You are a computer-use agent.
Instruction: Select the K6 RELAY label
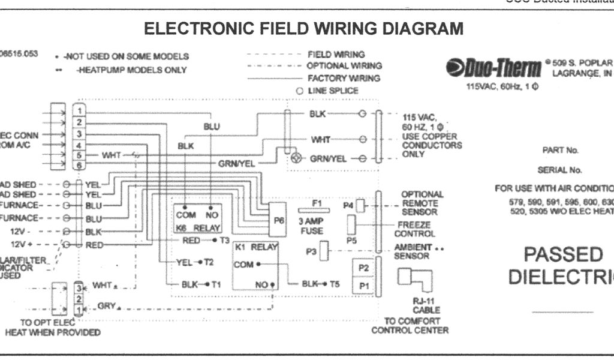[198, 228]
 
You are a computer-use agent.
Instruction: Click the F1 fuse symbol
[317, 211]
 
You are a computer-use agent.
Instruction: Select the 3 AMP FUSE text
[311, 226]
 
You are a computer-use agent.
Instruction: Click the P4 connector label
[348, 206]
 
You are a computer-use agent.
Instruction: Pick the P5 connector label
[351, 239]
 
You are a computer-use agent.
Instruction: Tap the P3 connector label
[311, 251]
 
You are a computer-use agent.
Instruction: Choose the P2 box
[363, 267]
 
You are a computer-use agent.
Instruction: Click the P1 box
[363, 286]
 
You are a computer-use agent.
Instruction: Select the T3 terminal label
[224, 241]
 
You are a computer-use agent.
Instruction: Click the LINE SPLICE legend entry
[333, 91]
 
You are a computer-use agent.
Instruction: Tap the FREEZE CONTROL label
[415, 229]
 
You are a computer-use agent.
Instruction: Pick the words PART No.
[560, 151]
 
